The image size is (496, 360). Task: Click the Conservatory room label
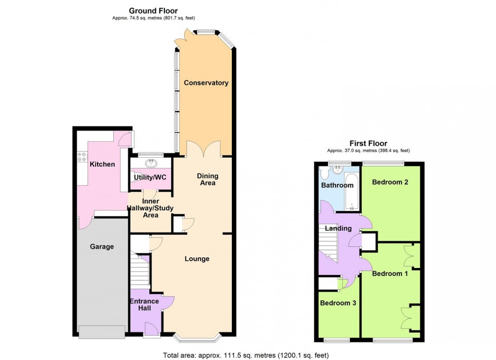coord(206,83)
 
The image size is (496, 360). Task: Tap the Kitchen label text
coord(102,164)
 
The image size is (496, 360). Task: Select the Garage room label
coord(102,247)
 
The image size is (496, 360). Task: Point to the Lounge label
coord(197,259)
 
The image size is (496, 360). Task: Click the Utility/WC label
coord(150,177)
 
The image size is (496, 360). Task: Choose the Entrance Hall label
coord(144,305)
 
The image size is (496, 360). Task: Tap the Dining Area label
coord(208,179)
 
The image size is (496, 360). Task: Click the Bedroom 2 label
coord(390,182)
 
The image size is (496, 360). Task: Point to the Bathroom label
coord(338,185)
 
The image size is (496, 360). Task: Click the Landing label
coord(338,229)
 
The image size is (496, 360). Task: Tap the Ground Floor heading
coord(153,11)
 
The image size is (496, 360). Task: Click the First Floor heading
coord(368,143)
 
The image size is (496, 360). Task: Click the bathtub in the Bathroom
coord(352,193)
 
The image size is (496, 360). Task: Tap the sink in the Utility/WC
coord(150,163)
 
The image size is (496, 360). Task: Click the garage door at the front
coord(102,332)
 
